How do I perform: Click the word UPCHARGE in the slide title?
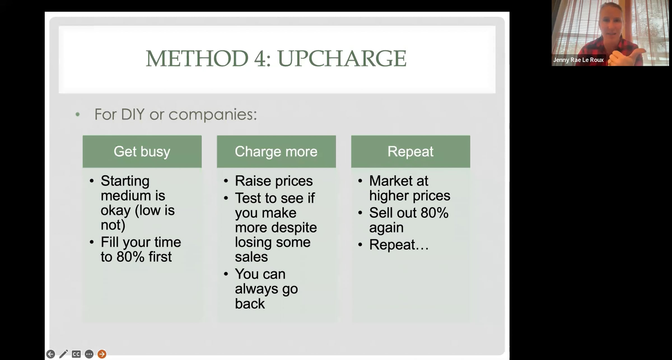coord(342,59)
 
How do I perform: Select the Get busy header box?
coord(142,151)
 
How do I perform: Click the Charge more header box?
coord(276,151)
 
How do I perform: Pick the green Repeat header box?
coord(410,151)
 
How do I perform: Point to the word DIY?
coord(133,114)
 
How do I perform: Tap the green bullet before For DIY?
coord(78,114)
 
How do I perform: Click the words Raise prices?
coord(274,181)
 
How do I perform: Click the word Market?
coord(390,181)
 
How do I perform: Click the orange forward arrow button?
coord(102,354)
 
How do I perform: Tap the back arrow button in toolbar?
coord(50,354)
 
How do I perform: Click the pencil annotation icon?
coord(63,354)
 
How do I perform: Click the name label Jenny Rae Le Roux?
coord(578,60)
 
